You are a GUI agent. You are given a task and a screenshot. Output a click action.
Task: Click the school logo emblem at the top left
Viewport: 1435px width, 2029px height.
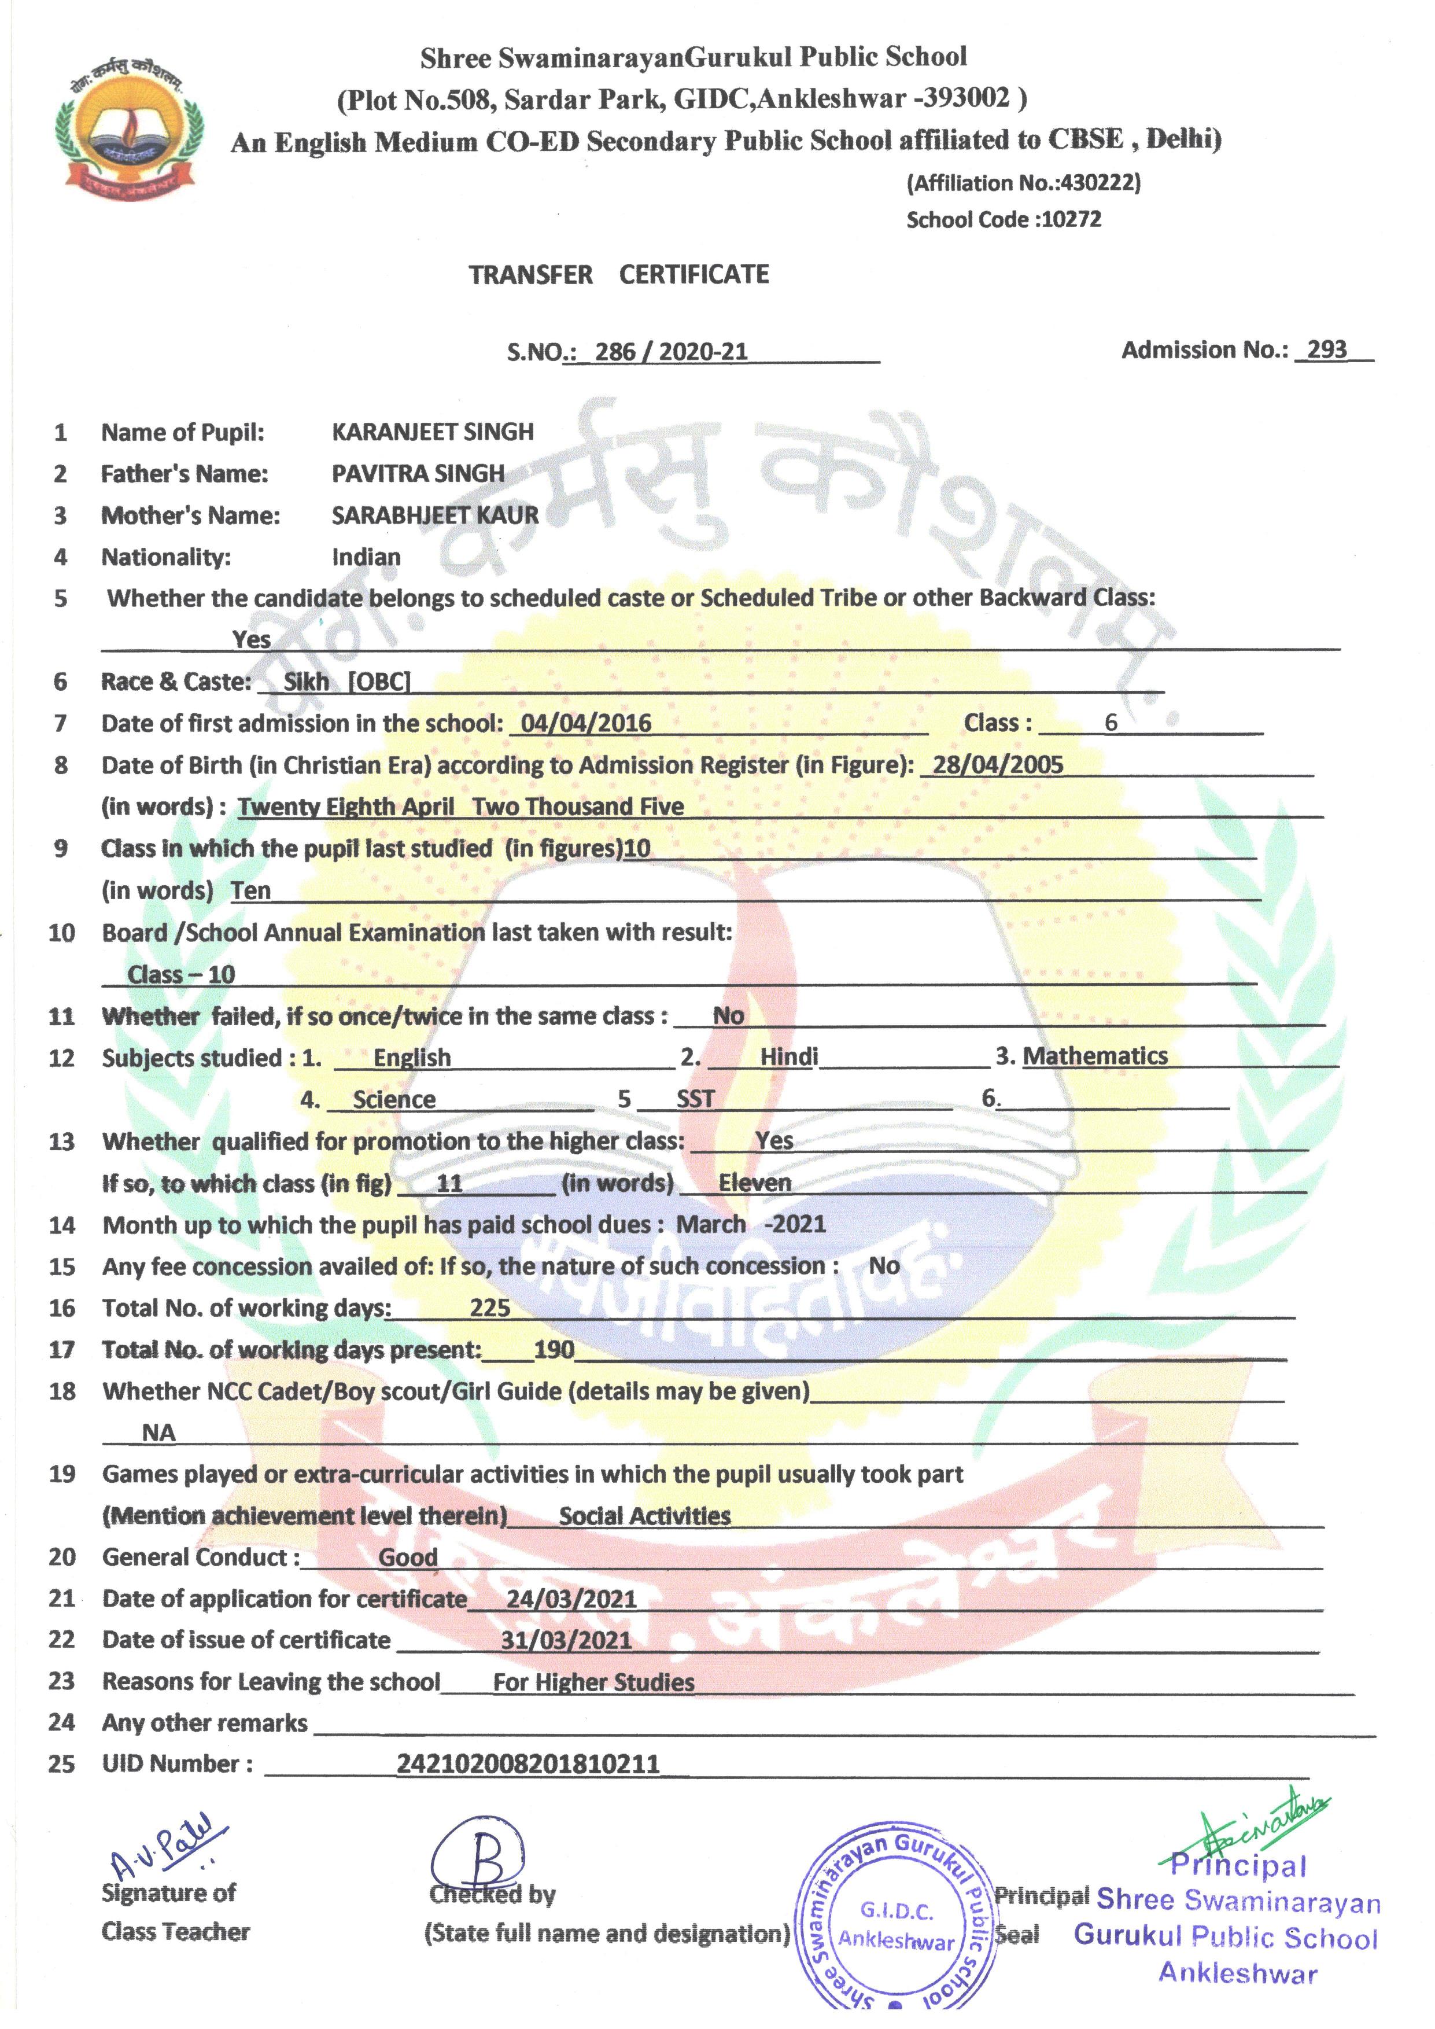(129, 124)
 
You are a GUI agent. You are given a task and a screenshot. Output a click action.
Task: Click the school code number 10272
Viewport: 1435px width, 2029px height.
(1071, 220)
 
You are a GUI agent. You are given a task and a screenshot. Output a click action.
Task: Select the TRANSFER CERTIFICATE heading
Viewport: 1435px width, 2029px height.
(618, 275)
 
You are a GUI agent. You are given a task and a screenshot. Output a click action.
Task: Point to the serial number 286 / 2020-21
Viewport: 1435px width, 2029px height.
(671, 352)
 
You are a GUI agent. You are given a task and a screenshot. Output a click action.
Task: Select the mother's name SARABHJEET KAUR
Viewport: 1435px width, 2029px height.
(435, 515)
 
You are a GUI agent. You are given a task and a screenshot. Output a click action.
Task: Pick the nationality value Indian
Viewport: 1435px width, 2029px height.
(366, 557)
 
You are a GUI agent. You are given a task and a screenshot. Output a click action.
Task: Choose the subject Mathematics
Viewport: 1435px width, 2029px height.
(1095, 1056)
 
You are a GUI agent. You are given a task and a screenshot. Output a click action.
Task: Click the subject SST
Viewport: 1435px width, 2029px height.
(695, 1099)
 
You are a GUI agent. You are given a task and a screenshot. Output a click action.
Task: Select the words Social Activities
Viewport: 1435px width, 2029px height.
(644, 1516)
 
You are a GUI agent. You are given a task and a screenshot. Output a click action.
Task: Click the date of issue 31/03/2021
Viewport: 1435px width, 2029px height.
(566, 1640)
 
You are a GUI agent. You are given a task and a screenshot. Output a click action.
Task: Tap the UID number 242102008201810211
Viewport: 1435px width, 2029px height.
(527, 1765)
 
